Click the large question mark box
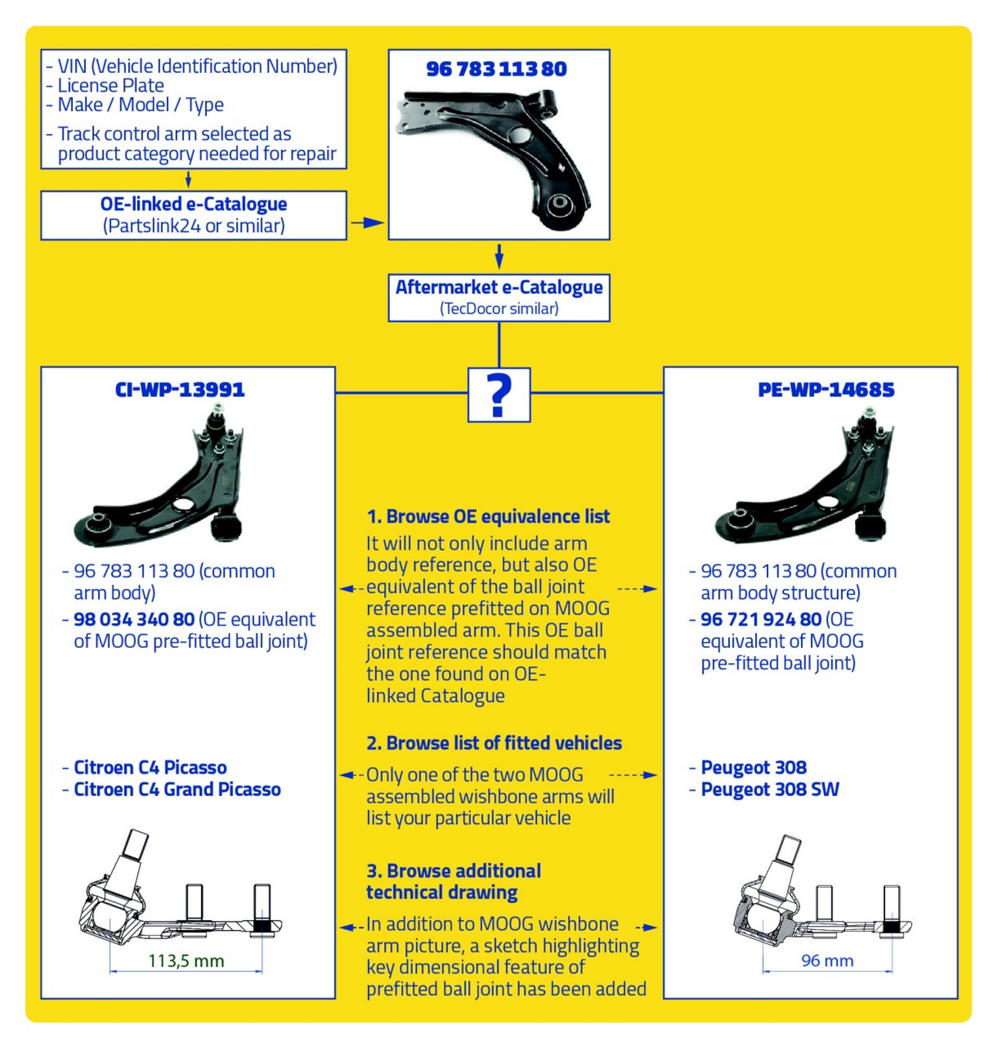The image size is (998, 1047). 498,395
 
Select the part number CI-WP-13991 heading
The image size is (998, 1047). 180,390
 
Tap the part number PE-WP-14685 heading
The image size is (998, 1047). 825,390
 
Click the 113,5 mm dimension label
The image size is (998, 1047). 186,961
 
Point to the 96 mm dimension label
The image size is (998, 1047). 827,960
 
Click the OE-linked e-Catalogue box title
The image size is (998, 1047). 194,204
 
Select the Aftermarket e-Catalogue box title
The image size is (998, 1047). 498,287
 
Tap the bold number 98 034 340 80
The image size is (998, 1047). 134,619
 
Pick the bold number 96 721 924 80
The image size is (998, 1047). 761,619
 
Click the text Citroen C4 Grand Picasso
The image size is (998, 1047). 177,789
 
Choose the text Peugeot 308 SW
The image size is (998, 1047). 769,789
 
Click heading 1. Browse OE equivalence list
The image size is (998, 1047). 488,517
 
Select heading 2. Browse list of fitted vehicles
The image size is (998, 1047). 494,743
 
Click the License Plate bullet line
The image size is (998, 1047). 111,86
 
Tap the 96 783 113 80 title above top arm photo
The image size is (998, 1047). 496,69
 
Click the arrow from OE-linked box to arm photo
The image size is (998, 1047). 367,223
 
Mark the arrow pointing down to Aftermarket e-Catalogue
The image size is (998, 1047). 498,257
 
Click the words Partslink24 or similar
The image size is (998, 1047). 194,226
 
